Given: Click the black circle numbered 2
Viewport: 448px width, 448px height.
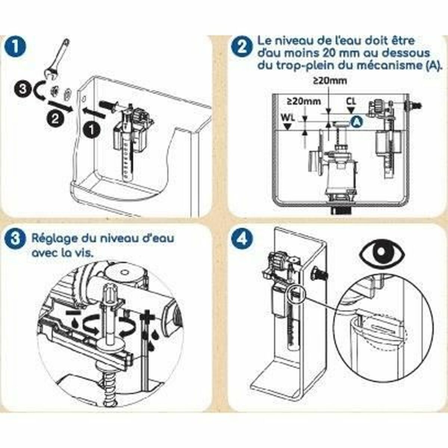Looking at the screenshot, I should [x=55, y=119].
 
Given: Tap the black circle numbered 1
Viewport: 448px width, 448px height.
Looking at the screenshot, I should [x=91, y=131].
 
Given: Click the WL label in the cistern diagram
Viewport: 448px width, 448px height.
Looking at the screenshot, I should [x=287, y=118].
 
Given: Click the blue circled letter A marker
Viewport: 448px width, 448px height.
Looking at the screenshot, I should [x=357, y=121].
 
